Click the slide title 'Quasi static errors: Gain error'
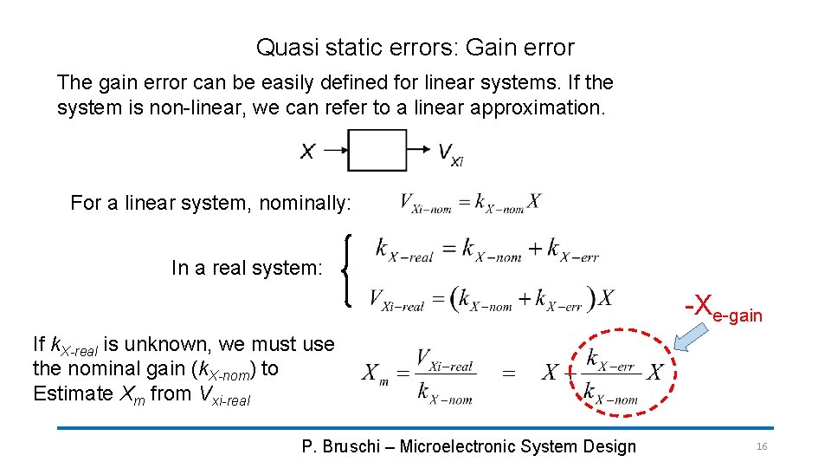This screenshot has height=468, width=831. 415,48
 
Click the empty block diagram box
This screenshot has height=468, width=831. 377,150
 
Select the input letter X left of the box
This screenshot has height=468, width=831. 307,152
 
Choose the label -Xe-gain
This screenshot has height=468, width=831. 723,309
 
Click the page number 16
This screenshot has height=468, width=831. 762,446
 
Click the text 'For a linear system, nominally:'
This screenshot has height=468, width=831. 210,204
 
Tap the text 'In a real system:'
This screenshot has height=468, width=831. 247,268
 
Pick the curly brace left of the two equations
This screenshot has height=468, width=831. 347,270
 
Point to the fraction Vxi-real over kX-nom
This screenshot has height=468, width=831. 445,375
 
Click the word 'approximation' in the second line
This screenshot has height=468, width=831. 551,108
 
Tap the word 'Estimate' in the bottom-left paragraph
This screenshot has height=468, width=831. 73,393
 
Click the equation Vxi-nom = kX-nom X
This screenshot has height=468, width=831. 470,203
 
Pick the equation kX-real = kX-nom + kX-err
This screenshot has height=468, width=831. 486,250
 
